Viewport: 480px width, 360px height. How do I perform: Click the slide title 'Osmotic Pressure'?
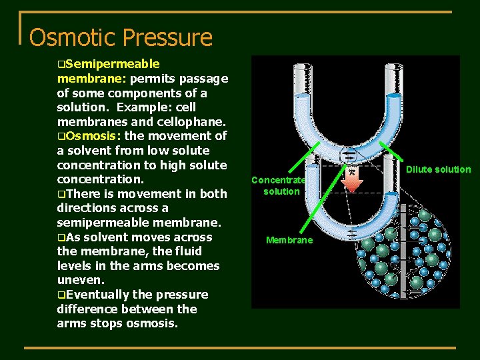coord(121,37)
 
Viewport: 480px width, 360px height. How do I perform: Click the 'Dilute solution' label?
coord(439,169)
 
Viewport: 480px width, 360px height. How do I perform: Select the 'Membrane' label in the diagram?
coord(289,240)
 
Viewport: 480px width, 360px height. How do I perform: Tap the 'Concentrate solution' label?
coord(278,185)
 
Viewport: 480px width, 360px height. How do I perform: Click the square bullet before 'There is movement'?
coord(61,194)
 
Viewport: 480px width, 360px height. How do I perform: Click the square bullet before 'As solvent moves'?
coord(61,237)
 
